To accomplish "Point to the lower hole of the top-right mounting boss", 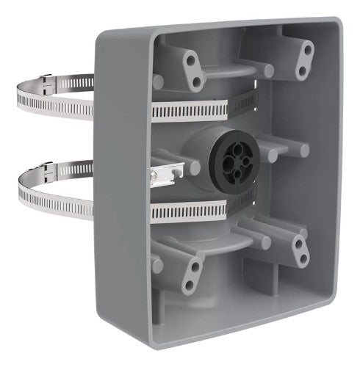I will pos(301,70).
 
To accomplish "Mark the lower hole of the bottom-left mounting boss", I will pos(190,283).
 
